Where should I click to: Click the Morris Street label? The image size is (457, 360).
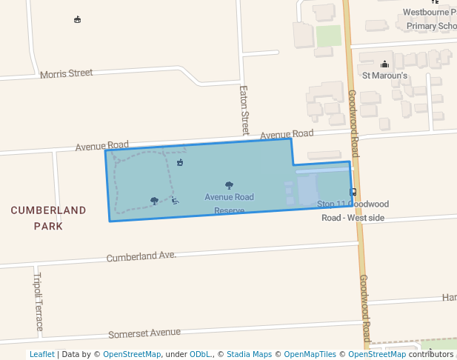coord(67,73)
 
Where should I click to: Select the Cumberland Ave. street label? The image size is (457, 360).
coord(141,256)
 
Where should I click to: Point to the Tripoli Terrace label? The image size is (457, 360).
coord(39,302)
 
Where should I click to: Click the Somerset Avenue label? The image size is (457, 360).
coord(144,333)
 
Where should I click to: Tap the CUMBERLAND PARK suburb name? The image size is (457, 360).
coord(48,218)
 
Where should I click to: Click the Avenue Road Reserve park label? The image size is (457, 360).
coord(230,203)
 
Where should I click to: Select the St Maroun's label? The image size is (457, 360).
coord(384,75)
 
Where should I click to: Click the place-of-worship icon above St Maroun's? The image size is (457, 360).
coord(384,64)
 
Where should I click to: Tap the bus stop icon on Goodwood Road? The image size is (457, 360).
coord(353,192)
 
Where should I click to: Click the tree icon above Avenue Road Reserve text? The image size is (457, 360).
coord(229,185)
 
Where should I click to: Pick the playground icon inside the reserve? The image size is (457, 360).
coord(174,200)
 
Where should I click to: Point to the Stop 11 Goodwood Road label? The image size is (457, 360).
coord(353,210)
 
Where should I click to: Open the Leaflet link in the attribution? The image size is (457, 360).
coord(41,354)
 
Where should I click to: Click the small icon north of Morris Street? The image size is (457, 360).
coord(78,19)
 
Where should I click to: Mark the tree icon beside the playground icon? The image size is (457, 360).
coord(154,200)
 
